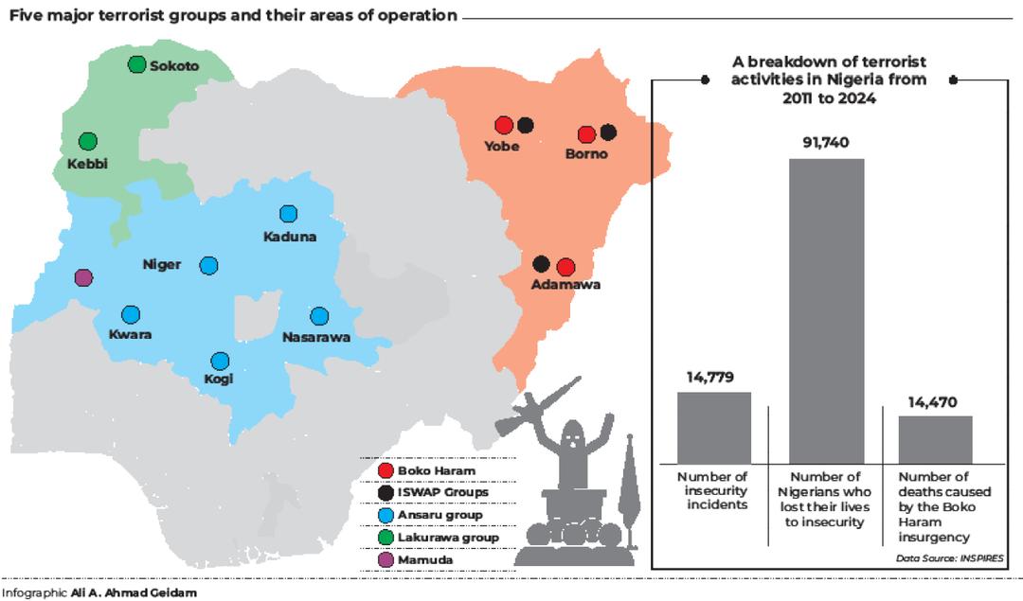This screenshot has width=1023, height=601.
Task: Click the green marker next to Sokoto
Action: pyautogui.click(x=136, y=64)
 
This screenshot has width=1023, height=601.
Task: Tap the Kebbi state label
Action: pyautogui.click(x=87, y=164)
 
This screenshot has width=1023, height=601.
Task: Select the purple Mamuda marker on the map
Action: pyautogui.click(x=83, y=277)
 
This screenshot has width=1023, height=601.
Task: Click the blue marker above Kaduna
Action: pyautogui.click(x=289, y=215)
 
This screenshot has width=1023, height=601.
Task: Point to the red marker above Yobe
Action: pyautogui.click(x=504, y=125)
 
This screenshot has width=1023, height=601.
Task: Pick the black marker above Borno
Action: pyautogui.click(x=608, y=133)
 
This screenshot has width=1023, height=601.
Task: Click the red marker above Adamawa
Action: pyautogui.click(x=565, y=266)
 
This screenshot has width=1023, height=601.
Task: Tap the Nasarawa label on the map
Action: pyautogui.click(x=316, y=336)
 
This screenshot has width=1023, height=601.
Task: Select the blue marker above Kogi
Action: pyautogui.click(x=220, y=361)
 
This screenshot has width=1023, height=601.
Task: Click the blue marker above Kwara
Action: pyautogui.click(x=131, y=314)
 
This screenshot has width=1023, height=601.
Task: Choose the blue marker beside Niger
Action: pyautogui.click(x=208, y=265)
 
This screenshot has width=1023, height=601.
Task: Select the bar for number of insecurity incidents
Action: pyautogui.click(x=713, y=426)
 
